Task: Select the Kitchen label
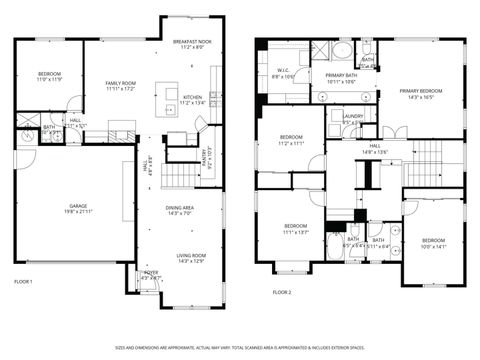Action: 192,99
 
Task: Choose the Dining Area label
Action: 180,210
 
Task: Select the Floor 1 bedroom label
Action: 50,76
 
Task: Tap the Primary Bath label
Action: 341,78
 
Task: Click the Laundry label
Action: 353,119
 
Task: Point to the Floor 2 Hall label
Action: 375,149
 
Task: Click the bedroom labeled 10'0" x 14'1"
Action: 432,243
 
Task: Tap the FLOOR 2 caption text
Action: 281,292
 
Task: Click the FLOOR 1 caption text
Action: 23,282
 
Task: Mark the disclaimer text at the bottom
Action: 240,348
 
